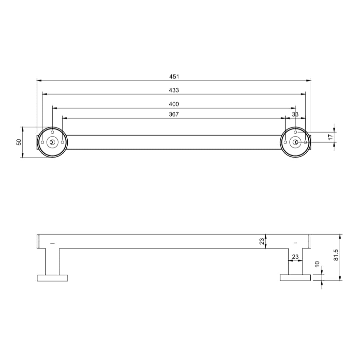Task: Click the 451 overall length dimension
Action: [174, 76]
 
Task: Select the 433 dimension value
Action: [174, 90]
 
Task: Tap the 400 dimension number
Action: [174, 104]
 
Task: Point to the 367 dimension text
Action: [174, 115]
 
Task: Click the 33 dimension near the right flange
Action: [295, 115]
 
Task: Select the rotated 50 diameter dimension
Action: [19, 142]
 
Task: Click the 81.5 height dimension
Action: [337, 255]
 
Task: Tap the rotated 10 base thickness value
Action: [317, 264]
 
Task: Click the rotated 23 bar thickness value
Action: [262, 241]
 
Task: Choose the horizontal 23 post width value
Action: [295, 257]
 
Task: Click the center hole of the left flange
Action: [52, 142]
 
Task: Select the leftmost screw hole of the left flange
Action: [42, 142]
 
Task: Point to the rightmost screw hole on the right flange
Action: [305, 142]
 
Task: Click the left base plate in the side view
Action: [52, 278]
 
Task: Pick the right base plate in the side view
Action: [295, 278]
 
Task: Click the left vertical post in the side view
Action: [52, 261]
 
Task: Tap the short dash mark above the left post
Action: [52, 243]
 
